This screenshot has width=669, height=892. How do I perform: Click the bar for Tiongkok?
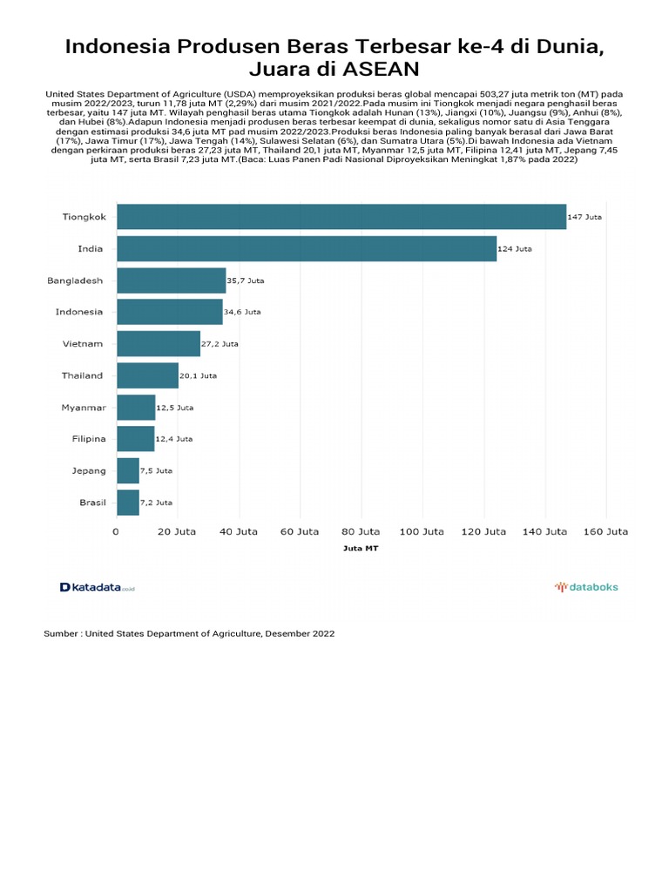pos(341,217)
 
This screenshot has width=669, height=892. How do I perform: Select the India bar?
pos(306,248)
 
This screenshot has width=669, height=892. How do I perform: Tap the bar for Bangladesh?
pos(171,280)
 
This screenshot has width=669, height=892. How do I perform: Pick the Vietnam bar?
pos(158,343)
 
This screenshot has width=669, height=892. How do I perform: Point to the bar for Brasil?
pos(127,503)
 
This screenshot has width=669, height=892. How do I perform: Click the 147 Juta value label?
pos(585,217)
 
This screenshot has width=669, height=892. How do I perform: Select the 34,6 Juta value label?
pos(243,312)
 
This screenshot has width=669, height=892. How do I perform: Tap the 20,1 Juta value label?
pos(199,375)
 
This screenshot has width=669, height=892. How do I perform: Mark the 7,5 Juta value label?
pos(157,470)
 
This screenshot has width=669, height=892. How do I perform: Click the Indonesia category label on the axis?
pos(79,312)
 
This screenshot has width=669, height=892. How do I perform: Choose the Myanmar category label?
pos(84,407)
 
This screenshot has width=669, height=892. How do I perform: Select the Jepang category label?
pos(89,470)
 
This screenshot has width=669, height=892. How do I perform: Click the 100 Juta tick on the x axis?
pos(422,530)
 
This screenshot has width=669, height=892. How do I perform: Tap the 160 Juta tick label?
pos(605,530)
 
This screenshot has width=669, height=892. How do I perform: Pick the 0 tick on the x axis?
pos(117,530)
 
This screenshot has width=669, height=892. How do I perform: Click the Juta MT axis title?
pos(361,550)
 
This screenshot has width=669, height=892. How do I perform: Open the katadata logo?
pos(97,587)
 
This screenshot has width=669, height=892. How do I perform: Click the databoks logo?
pos(586,587)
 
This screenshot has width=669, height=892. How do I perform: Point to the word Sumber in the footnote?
pos(60,634)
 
